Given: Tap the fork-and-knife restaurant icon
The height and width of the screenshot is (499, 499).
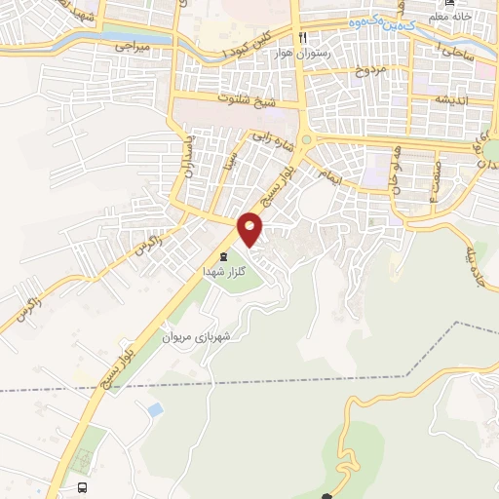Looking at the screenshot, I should (x=304, y=37).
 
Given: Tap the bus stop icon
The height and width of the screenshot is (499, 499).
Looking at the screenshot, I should (x=82, y=487).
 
